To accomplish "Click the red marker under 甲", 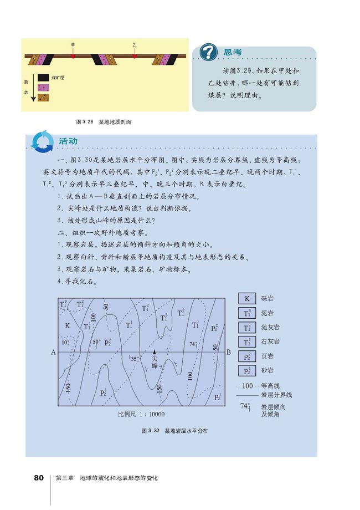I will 73,56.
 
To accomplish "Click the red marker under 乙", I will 135,56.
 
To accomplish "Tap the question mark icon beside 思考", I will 208,52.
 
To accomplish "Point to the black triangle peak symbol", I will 155,351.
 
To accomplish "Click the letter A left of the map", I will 53,352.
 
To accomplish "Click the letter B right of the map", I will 229,352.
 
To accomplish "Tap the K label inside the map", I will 67,325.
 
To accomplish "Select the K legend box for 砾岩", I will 246,298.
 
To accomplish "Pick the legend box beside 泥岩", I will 246,313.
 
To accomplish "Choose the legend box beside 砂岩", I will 246,370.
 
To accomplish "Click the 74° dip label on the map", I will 194,344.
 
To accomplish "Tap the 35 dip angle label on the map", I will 133,359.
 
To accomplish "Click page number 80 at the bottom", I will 39,477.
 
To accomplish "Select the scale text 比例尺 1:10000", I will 141,414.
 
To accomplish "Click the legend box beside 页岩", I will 246,356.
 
